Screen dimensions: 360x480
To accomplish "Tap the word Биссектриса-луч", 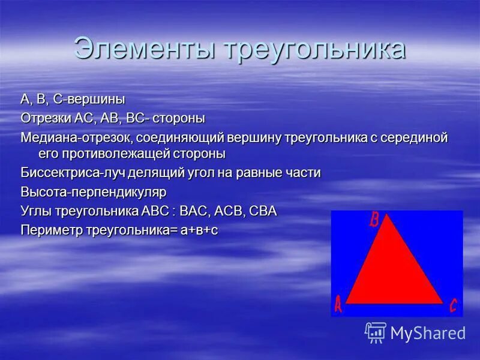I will [x=65, y=173].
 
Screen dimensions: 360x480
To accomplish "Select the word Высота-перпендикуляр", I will [x=93, y=192].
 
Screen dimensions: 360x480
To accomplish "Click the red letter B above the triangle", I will [x=374, y=220].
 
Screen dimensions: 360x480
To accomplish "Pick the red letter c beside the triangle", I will [x=454, y=306].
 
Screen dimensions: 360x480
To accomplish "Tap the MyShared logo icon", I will [x=376, y=332].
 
